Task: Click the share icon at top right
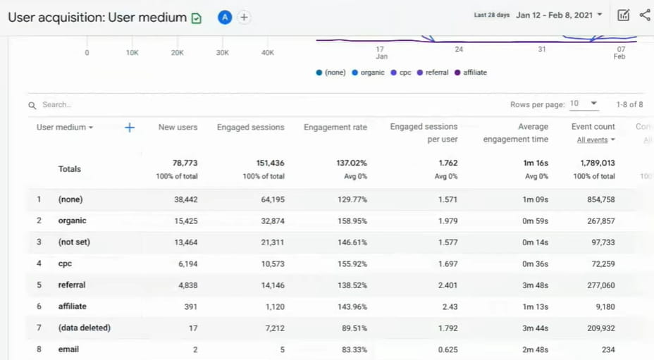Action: click(x=645, y=15)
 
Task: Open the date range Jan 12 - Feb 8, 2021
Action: click(x=559, y=15)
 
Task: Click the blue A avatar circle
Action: click(x=225, y=18)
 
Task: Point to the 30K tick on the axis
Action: click(x=223, y=53)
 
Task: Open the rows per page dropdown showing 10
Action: click(x=584, y=104)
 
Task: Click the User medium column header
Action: click(x=65, y=128)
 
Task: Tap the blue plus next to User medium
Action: click(x=129, y=128)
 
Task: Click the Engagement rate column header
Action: click(x=335, y=128)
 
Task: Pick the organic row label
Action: click(x=72, y=221)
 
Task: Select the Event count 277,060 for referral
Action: click(x=600, y=285)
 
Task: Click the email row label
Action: click(x=68, y=349)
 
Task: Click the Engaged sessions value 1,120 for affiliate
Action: click(x=271, y=306)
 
